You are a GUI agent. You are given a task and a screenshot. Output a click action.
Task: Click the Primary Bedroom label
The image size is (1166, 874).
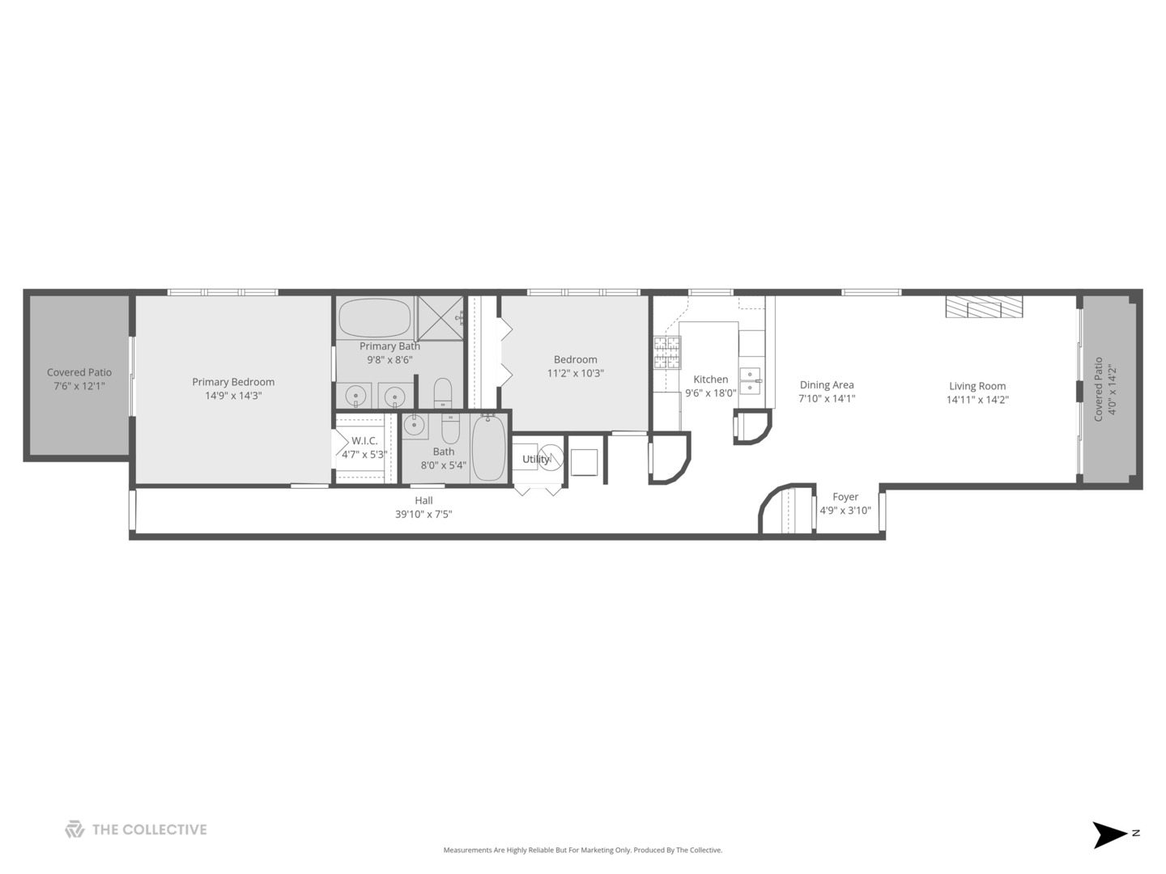coord(233,382)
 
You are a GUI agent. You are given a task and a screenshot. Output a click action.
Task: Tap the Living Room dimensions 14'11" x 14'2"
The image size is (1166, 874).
coord(977,400)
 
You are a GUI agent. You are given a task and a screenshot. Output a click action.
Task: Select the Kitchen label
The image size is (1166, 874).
coord(711,380)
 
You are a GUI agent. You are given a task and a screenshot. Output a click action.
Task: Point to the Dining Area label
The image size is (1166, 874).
coord(827,385)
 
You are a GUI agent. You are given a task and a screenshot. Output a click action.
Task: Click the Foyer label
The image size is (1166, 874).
coord(845,497)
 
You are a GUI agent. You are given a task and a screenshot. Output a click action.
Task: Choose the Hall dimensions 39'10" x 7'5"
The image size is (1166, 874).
coord(423,514)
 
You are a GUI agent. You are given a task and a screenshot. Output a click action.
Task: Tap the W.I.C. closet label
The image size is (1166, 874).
coord(364,441)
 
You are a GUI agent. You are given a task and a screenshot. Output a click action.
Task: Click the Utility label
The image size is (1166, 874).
coord(536,460)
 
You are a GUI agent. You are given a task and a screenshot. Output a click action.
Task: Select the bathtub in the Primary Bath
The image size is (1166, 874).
coord(375,318)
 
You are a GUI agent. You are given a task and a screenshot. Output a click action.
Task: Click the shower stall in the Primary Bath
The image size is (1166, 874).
coord(440,318)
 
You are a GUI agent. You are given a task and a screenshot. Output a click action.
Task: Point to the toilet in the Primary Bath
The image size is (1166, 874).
coord(442,392)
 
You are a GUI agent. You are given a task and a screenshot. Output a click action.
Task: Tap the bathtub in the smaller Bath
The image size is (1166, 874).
coord(489,448)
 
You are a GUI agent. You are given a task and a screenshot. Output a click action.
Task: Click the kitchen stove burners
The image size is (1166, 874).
coord(667,353)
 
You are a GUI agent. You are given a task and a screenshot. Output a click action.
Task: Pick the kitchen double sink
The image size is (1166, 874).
coord(751,381)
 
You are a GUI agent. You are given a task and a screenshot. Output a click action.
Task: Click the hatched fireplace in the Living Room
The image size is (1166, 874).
coord(984,307)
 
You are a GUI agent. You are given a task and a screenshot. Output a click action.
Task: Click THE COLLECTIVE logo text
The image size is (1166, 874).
coord(149,830)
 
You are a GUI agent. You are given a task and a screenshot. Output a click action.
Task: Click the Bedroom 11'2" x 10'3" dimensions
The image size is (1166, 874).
coord(575,374)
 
